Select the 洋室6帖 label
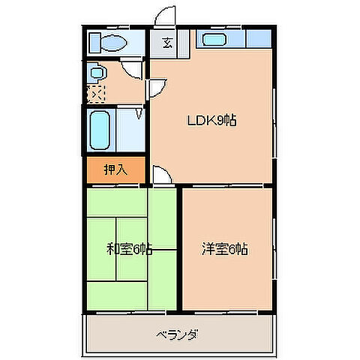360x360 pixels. point(225,249)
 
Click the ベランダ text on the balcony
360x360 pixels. point(178,334)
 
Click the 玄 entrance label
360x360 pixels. point(165,42)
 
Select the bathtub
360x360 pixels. point(100,130)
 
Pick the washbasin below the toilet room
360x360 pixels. point(98,73)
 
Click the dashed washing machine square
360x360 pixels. point(96,93)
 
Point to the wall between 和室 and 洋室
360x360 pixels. point(178,247)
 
